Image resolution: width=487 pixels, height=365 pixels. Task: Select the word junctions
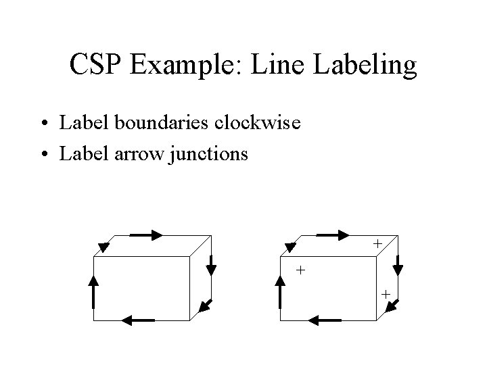point(212,154)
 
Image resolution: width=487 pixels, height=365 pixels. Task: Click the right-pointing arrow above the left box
point(146,235)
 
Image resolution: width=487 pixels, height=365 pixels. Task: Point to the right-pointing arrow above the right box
point(333,235)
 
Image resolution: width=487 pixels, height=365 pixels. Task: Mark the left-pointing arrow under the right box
point(329,320)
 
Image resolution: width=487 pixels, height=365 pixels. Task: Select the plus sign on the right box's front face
point(300,270)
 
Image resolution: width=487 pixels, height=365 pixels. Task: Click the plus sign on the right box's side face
point(385,295)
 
